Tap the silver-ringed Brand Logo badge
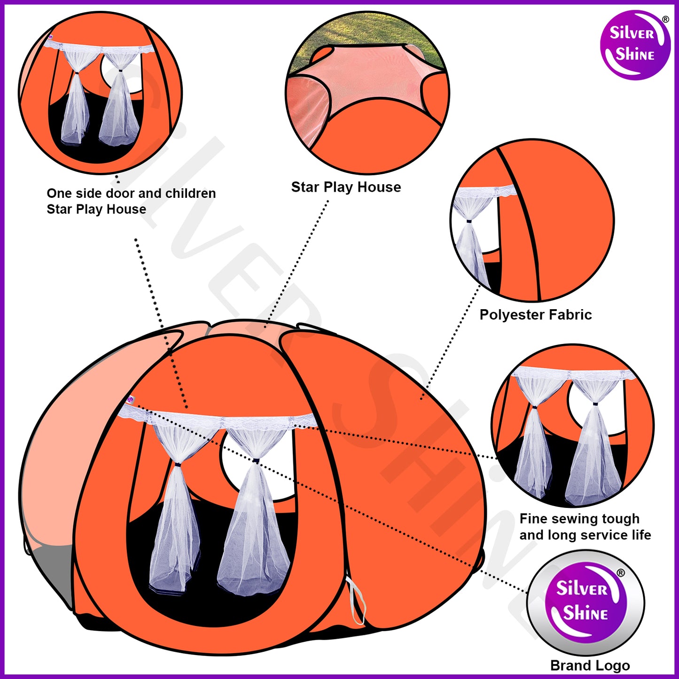(x=585, y=603)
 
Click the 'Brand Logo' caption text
(x=590, y=665)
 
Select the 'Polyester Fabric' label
(x=535, y=314)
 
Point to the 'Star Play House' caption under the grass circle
(x=346, y=187)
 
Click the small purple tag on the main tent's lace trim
(x=130, y=400)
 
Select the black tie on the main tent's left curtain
(x=178, y=464)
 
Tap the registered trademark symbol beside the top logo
(x=665, y=20)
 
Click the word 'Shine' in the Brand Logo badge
(x=585, y=613)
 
